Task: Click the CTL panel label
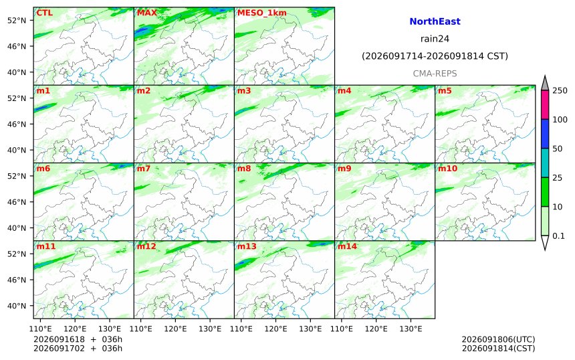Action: click(44, 13)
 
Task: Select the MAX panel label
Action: click(146, 13)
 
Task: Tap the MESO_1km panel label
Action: click(262, 13)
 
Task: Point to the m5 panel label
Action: click(445, 90)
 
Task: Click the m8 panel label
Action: click(244, 169)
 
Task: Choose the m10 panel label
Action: click(447, 169)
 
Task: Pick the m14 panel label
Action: click(347, 246)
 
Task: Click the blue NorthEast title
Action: click(435, 21)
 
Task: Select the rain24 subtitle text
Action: click(435, 39)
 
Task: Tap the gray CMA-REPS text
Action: click(435, 74)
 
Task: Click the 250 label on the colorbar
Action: click(560, 90)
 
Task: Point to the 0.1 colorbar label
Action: click(558, 236)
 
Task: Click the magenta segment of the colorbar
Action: click(545, 104)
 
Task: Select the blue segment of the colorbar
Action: click(545, 134)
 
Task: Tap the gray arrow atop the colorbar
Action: click(545, 84)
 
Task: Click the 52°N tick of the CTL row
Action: click(17, 20)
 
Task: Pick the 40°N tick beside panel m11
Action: click(17, 306)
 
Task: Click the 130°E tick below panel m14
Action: click(411, 329)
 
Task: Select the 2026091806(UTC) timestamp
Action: click(498, 339)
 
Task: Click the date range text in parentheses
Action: click(435, 56)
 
